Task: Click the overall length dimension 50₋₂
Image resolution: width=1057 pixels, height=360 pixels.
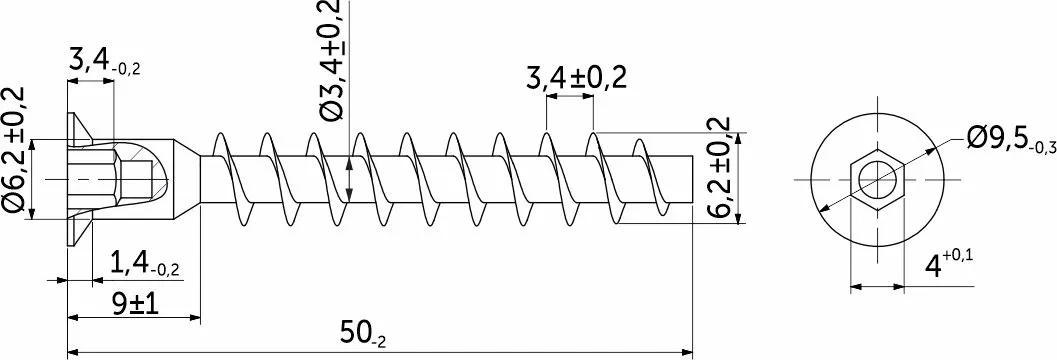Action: (x=363, y=334)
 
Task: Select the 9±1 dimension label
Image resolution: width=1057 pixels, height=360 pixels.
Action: (x=135, y=305)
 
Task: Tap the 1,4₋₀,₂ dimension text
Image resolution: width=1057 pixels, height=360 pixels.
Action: (x=144, y=265)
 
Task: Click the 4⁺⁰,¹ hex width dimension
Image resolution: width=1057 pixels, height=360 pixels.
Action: (x=948, y=264)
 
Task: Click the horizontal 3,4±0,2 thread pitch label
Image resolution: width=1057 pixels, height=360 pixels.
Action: (x=576, y=78)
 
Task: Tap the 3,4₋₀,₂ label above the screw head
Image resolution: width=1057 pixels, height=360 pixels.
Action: (x=104, y=61)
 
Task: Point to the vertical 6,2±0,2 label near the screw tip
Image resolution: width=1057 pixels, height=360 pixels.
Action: (x=719, y=167)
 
